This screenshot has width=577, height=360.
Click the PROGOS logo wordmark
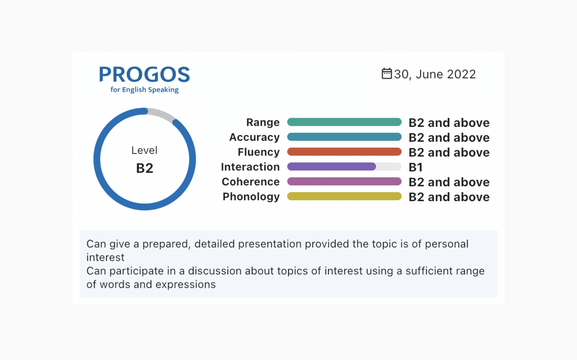click(145, 74)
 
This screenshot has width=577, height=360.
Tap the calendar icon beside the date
click(387, 74)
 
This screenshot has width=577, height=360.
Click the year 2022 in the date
click(461, 74)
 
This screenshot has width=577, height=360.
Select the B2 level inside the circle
click(145, 168)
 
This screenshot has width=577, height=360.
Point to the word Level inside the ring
click(144, 150)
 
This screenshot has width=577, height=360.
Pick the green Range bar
click(344, 122)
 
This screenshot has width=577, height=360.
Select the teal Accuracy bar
click(344, 137)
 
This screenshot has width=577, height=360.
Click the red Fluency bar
click(344, 152)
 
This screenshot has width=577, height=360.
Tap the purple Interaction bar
click(331, 166)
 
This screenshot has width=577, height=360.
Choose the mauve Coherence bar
click(344, 181)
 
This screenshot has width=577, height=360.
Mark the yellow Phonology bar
click(344, 196)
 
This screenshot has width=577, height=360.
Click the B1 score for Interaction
click(416, 167)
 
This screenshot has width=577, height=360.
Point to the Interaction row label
click(250, 167)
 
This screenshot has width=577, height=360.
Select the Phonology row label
click(251, 197)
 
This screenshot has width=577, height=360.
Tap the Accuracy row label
click(255, 137)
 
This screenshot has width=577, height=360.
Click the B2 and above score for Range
click(449, 123)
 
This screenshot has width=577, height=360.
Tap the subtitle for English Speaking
click(145, 89)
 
